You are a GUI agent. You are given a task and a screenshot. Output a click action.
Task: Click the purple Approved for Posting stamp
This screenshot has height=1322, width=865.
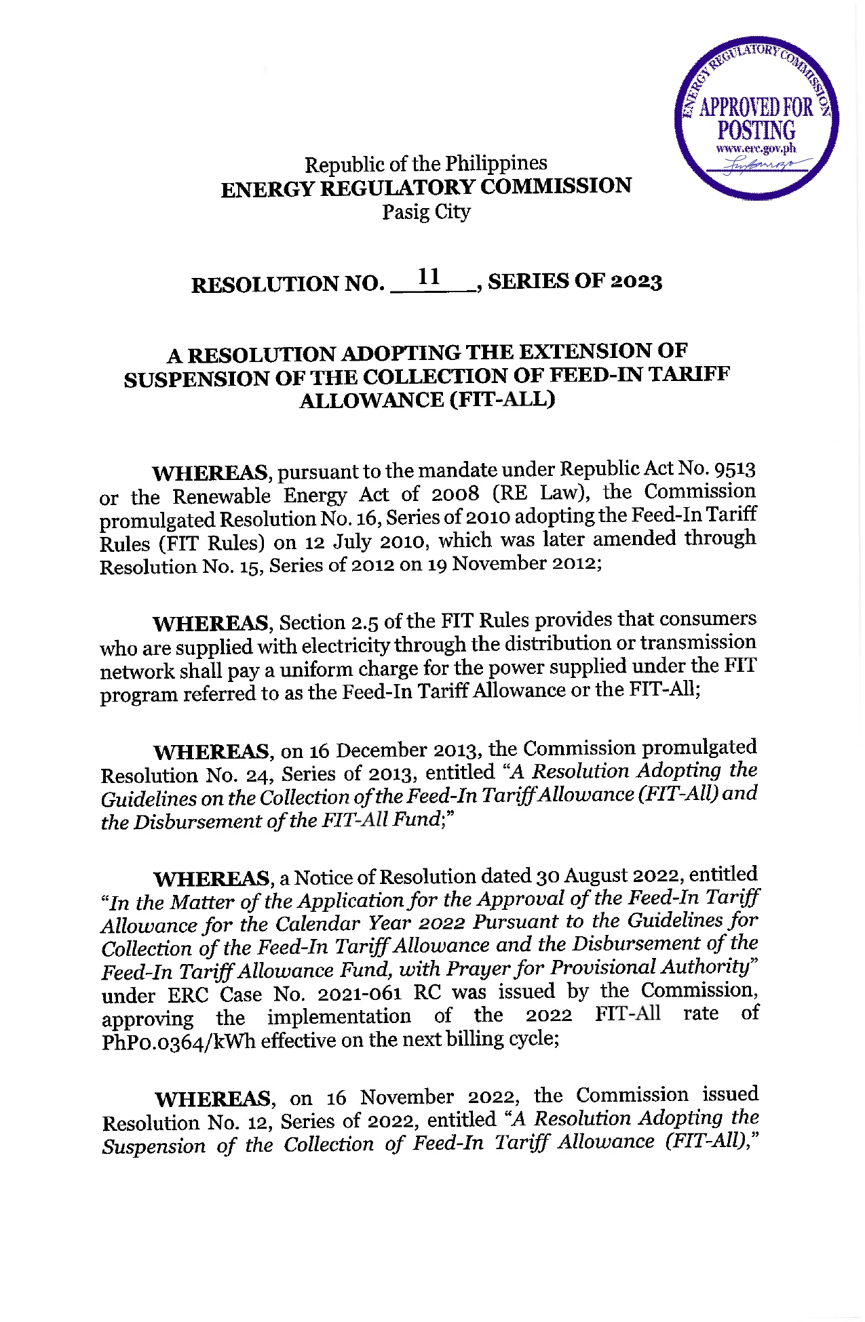[x=756, y=119]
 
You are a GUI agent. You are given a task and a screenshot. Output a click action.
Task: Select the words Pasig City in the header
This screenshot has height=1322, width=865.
[x=426, y=212]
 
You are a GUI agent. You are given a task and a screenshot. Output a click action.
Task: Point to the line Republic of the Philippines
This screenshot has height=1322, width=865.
[x=425, y=163]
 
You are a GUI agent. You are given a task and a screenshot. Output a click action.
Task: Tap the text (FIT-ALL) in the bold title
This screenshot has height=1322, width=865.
[x=502, y=400]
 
